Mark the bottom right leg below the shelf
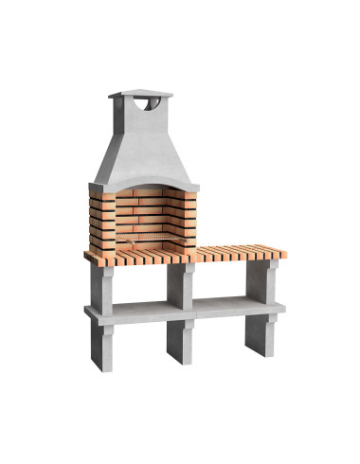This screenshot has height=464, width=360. click(258, 333)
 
